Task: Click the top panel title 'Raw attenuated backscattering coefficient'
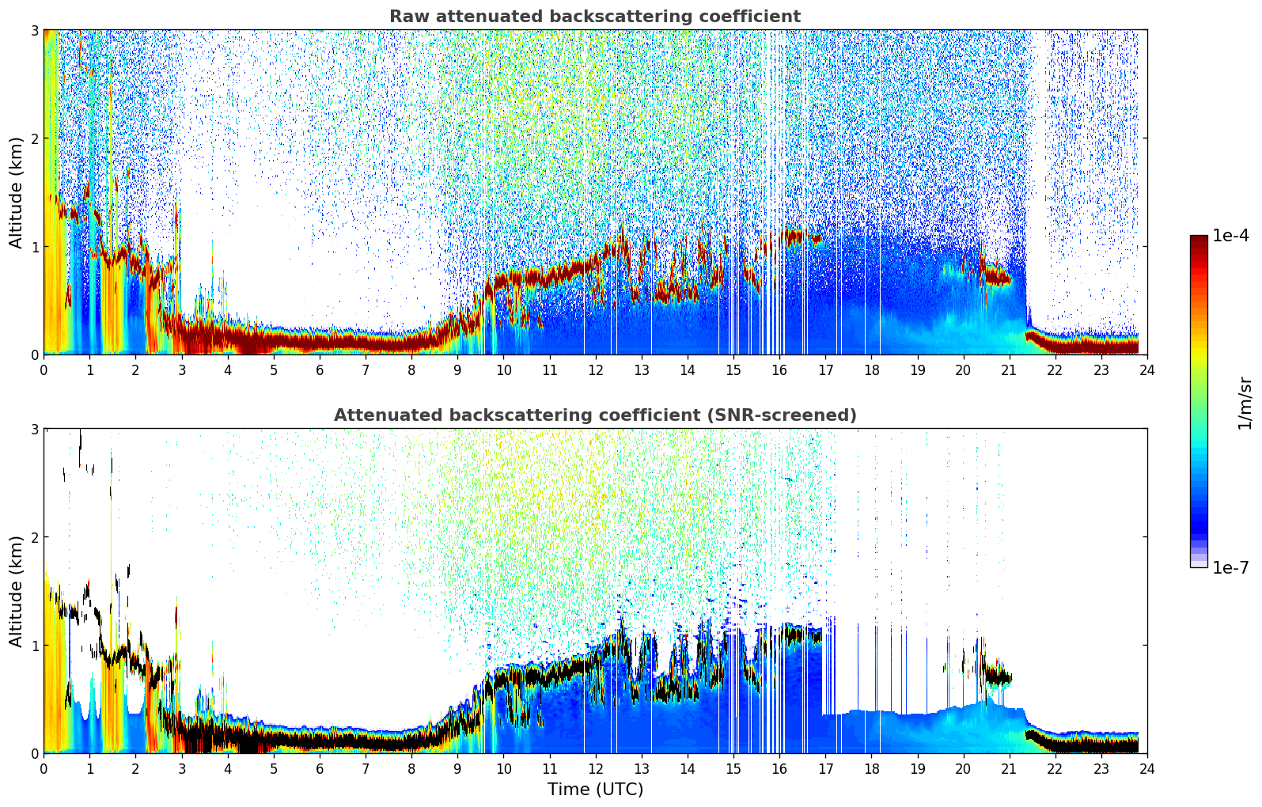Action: [594, 17]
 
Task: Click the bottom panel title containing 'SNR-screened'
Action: [594, 415]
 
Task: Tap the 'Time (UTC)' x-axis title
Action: [595, 790]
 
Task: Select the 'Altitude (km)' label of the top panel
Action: [17, 192]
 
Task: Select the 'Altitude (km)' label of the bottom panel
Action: [17, 591]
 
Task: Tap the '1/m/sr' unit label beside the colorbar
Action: [1245, 402]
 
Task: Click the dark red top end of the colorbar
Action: [1198, 239]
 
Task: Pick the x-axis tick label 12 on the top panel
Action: [595, 369]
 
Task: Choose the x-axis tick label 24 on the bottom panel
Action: [1146, 768]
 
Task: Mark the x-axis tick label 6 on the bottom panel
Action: [320, 768]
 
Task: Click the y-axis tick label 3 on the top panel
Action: [35, 30]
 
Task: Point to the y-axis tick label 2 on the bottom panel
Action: [35, 537]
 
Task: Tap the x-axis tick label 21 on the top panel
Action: [1009, 369]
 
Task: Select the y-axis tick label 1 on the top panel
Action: [35, 247]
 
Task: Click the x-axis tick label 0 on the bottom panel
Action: [44, 768]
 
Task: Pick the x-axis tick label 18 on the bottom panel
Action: [871, 768]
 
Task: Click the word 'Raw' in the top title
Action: [407, 17]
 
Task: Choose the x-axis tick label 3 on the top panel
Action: [181, 369]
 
